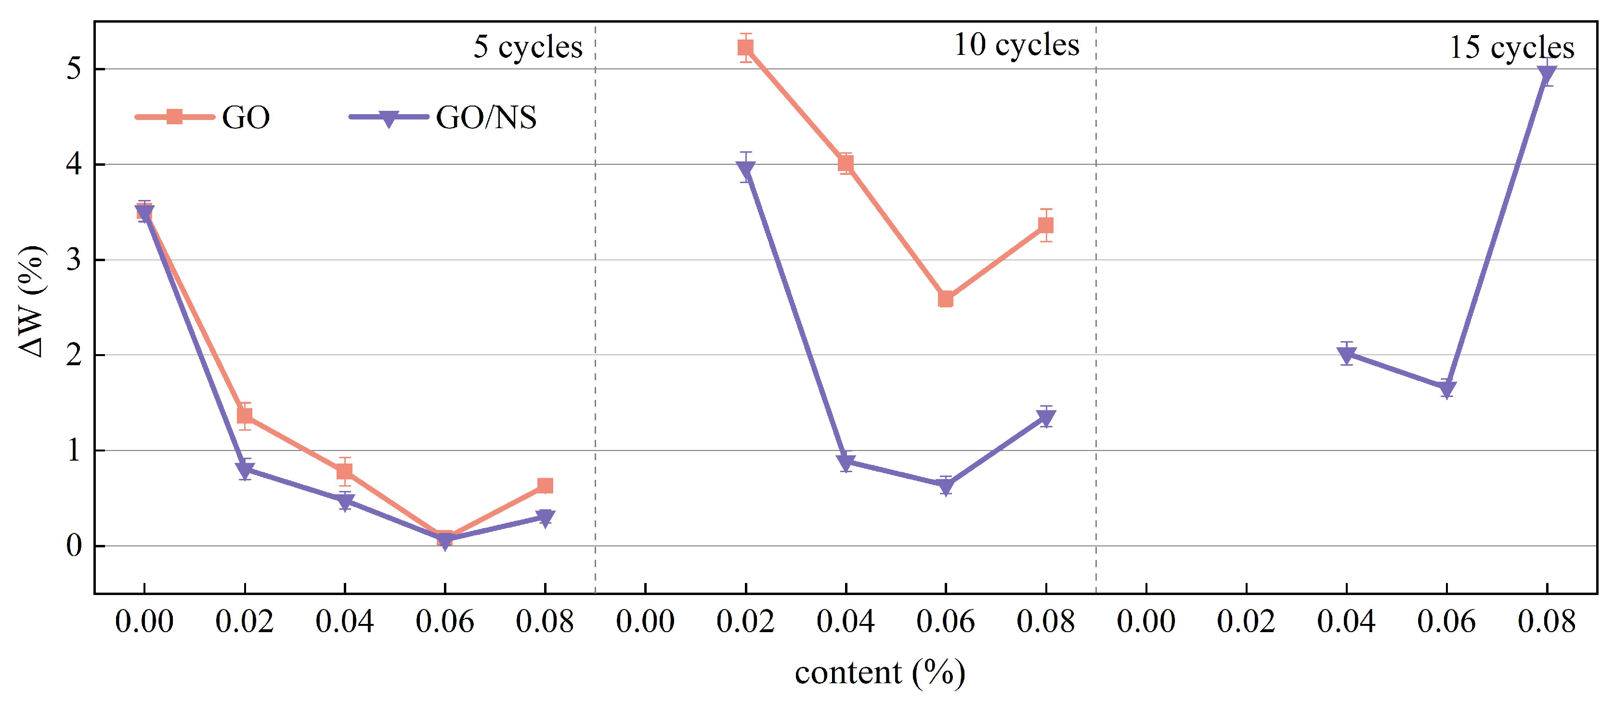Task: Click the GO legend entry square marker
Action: point(174,117)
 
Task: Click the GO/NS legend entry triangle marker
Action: point(389,118)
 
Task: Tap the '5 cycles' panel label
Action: point(528,47)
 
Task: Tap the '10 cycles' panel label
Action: point(1016,45)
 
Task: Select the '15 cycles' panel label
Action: point(1511,48)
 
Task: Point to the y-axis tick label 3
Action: point(74,260)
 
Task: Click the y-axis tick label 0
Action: point(74,546)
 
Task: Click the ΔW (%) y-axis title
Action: point(31,301)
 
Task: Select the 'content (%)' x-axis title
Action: point(880,673)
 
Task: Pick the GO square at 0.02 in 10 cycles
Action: point(745,48)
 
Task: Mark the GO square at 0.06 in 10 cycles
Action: point(946,300)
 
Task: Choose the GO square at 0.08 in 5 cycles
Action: point(545,485)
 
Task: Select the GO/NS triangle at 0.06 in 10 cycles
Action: point(946,486)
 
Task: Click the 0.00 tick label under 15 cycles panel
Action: point(1146,622)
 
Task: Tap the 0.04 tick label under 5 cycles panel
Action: point(345,622)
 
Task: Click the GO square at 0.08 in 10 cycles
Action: point(1046,225)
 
